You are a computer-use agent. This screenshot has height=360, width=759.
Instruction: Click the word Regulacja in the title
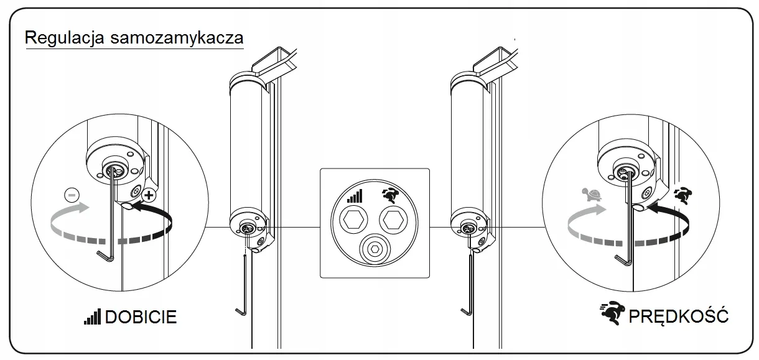[x=64, y=38]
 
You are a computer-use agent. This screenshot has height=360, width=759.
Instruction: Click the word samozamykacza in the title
[x=177, y=37]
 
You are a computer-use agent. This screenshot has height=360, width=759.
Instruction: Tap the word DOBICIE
[x=141, y=317]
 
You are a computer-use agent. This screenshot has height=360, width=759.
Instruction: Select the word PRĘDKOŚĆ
[x=678, y=316]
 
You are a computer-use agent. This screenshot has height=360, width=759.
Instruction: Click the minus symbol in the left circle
[x=72, y=195]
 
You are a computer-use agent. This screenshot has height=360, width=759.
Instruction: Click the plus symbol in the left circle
[x=149, y=195]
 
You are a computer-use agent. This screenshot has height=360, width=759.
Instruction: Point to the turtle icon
[x=592, y=195]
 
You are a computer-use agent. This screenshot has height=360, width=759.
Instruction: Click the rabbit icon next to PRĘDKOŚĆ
[x=612, y=313]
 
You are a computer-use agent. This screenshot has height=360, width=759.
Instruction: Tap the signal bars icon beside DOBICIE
[x=93, y=316]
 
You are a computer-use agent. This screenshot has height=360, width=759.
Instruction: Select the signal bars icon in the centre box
[x=355, y=196]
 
